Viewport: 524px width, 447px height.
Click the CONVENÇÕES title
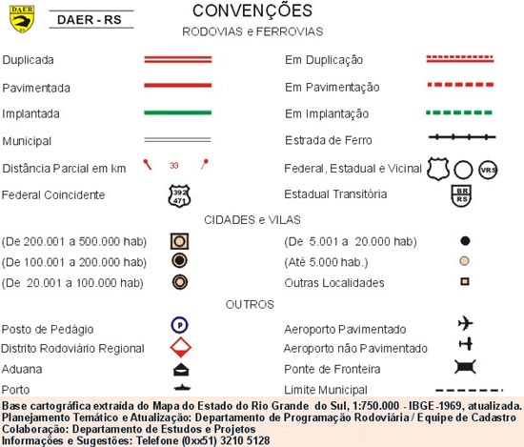(x=252, y=11)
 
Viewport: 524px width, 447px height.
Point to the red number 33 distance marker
(x=173, y=166)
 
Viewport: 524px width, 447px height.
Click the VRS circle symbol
(x=489, y=169)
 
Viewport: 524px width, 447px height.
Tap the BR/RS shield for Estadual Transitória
(x=462, y=195)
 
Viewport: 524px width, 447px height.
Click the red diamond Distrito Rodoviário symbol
(x=178, y=347)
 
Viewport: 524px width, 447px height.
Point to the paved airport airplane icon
(x=465, y=323)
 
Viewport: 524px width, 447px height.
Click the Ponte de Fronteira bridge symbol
(x=465, y=367)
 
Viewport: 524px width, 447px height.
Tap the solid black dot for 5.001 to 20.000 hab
(x=465, y=240)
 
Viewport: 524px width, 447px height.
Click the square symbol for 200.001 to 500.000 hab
(x=178, y=240)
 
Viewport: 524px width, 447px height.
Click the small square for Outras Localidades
(x=465, y=282)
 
